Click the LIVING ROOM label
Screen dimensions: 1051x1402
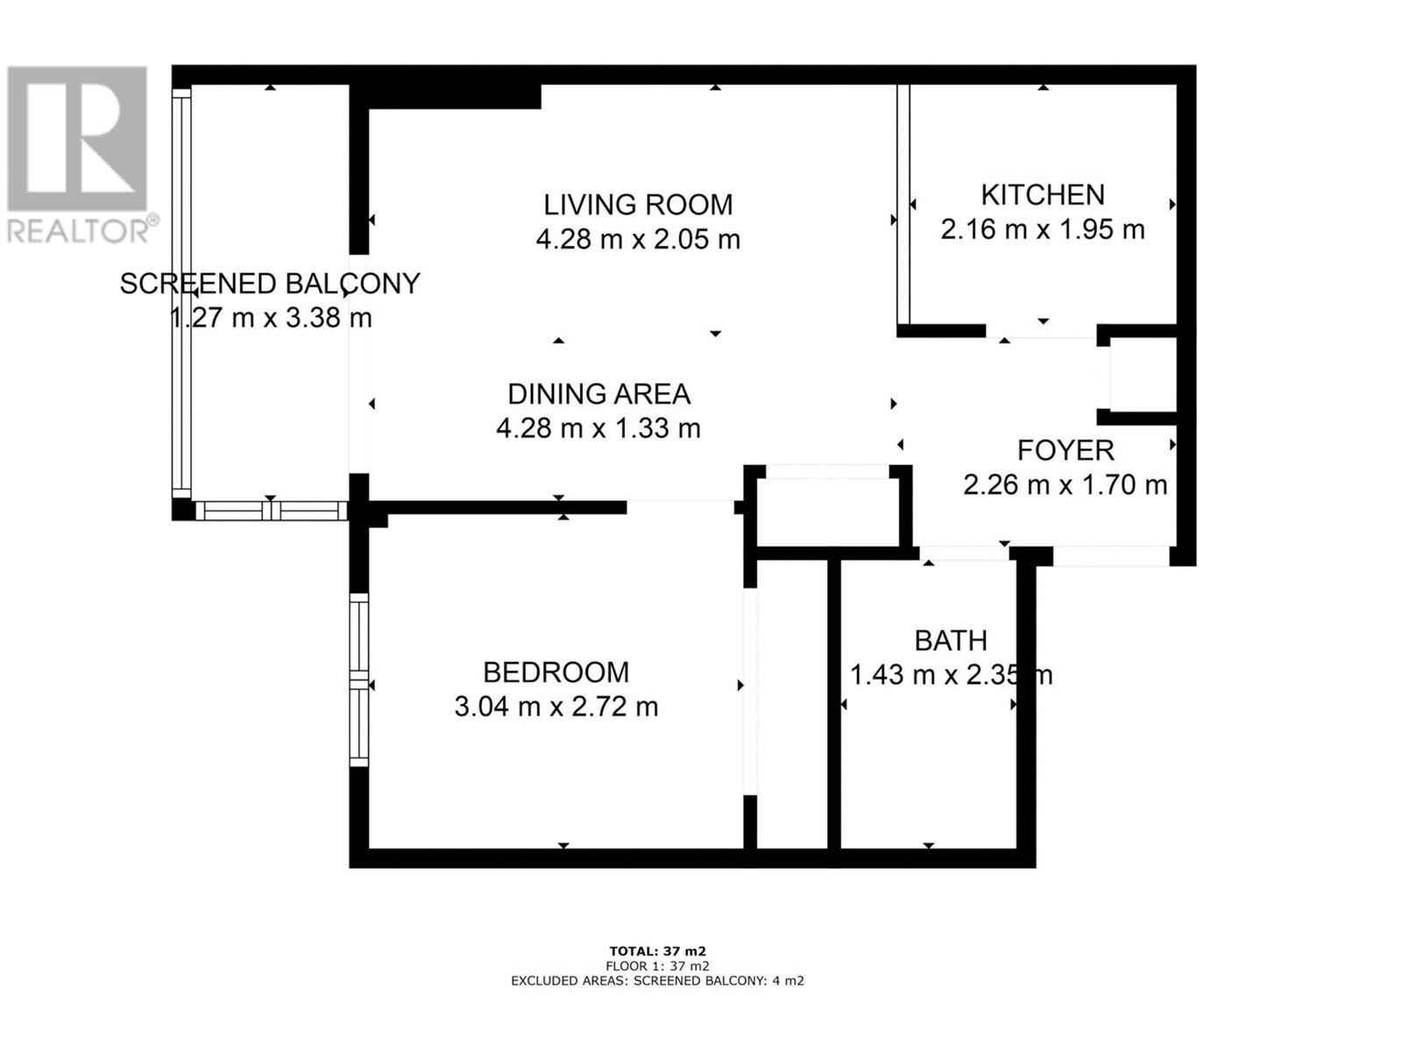point(637,205)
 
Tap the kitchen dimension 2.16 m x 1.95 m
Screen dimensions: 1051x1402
point(1042,229)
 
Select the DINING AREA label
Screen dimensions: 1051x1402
point(598,394)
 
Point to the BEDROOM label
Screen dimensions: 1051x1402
point(556,673)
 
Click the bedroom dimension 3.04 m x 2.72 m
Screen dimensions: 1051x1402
point(556,707)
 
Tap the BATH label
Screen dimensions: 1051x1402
point(951,641)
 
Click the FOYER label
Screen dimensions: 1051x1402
point(1065,451)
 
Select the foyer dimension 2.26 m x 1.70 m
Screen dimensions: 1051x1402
point(1065,484)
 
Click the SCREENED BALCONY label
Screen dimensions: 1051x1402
point(270,284)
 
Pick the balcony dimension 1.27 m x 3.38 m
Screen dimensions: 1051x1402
point(270,318)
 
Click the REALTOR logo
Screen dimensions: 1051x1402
point(79,153)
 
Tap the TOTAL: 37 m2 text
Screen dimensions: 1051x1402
point(657,951)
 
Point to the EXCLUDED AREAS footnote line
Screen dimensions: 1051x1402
point(657,981)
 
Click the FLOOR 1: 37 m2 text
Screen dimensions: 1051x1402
point(657,966)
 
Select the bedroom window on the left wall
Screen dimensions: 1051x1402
point(358,680)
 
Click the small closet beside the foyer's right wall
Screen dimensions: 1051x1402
point(1143,374)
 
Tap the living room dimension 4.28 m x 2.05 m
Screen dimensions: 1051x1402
point(637,239)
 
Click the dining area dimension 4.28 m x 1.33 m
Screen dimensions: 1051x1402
point(598,428)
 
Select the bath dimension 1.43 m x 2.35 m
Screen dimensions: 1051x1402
point(951,675)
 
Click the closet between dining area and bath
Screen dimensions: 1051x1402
point(828,511)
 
